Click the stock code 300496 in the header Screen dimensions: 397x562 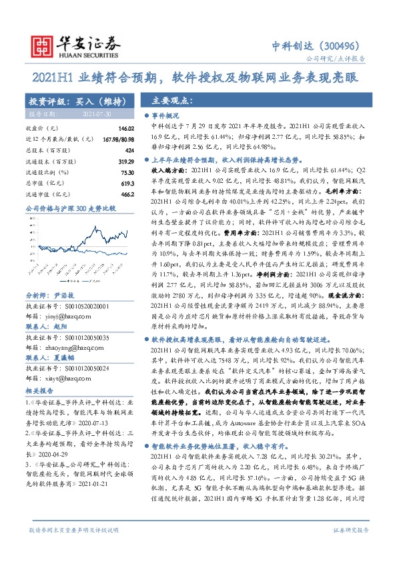tap(344, 46)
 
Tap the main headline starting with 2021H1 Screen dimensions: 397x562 tap(198, 78)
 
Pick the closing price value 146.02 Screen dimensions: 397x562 tap(117, 128)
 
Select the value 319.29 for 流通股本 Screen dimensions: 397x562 tap(117, 162)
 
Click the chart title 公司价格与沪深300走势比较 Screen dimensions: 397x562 tap(71, 210)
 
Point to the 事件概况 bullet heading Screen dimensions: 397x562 tap(172, 115)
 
